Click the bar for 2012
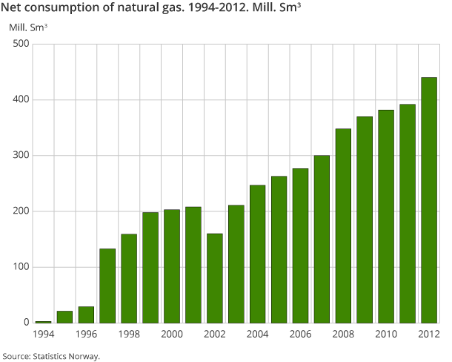(x=429, y=200)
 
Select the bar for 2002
(x=214, y=278)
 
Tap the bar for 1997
(x=107, y=286)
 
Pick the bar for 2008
(x=343, y=226)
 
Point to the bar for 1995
(x=64, y=317)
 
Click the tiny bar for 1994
(x=43, y=321)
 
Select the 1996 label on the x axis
(x=86, y=335)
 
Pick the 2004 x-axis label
(x=257, y=335)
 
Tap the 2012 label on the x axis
(x=429, y=335)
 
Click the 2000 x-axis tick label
(x=172, y=335)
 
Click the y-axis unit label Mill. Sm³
(x=28, y=27)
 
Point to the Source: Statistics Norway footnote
(x=51, y=356)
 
